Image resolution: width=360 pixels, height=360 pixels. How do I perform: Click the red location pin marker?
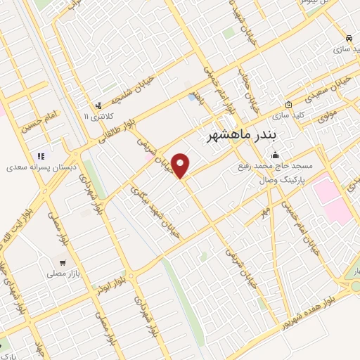click(x=181, y=166)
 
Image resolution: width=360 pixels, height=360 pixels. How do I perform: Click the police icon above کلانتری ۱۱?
click(x=96, y=105)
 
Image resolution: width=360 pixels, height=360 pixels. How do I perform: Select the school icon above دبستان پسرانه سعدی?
click(x=40, y=156)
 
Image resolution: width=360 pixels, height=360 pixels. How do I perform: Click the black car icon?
click(x=349, y=37)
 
